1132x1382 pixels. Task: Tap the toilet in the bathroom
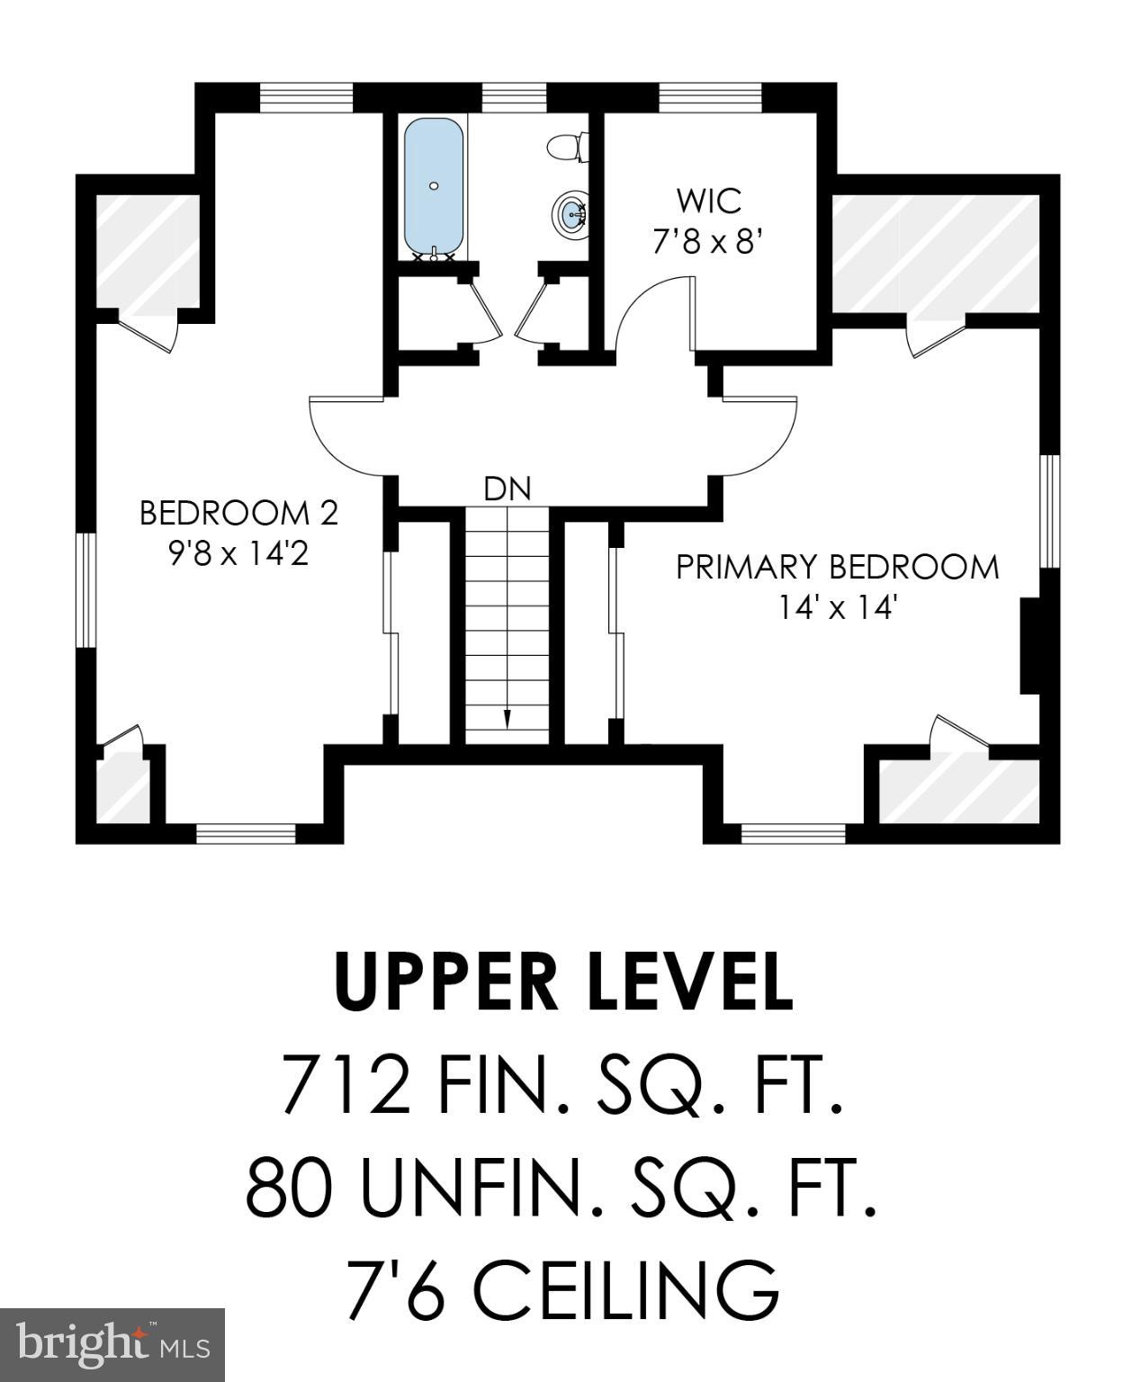(x=568, y=147)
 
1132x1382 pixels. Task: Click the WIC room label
(x=709, y=201)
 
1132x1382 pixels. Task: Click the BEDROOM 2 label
(x=238, y=513)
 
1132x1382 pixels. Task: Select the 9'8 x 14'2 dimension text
(x=238, y=552)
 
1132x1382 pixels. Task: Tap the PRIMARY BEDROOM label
(x=837, y=568)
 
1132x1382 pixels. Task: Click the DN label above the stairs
(x=508, y=489)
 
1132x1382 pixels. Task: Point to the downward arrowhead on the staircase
(x=507, y=718)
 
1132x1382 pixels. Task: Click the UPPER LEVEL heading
(x=564, y=982)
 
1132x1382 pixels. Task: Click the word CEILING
(x=624, y=1288)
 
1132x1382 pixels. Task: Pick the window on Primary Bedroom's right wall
(x=1049, y=511)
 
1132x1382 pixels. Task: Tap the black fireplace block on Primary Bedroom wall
(x=1030, y=646)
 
